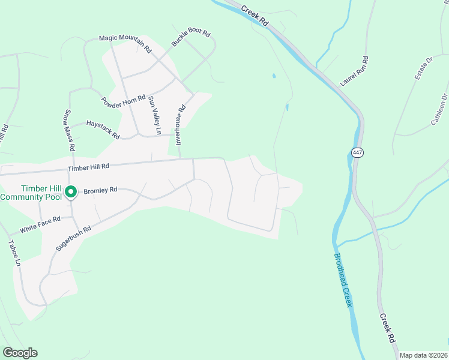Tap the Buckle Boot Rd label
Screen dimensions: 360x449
pos(191,38)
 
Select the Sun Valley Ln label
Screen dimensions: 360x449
pos(155,115)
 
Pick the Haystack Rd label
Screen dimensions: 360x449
pos(103,128)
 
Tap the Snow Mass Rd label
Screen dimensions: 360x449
pos(69,130)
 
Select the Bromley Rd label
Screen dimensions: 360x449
pos(100,190)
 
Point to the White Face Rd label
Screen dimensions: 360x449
pos(40,224)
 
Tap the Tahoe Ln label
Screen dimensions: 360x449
pos(13,254)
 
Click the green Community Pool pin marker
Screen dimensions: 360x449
pos(70,192)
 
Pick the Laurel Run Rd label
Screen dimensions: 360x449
pos(354,72)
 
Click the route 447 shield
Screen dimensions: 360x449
pos(358,152)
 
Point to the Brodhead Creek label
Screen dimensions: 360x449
pos(343,280)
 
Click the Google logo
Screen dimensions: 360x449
pos(20,353)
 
